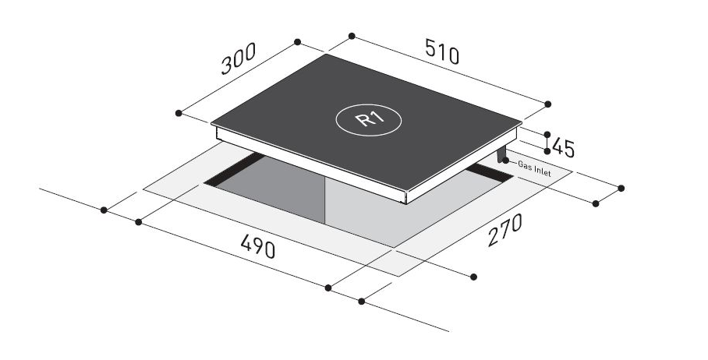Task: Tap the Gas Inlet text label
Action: pyautogui.click(x=534, y=170)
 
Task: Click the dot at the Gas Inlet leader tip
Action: pyautogui.click(x=507, y=161)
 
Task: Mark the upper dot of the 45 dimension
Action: pyautogui.click(x=547, y=135)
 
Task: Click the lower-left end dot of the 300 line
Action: pyautogui.click(x=179, y=114)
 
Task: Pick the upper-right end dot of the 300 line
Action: pyautogui.click(x=297, y=43)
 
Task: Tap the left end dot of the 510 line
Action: pyautogui.click(x=352, y=36)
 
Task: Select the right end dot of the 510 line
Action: pyautogui.click(x=547, y=104)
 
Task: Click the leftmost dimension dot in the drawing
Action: pyautogui.click(x=104, y=210)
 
